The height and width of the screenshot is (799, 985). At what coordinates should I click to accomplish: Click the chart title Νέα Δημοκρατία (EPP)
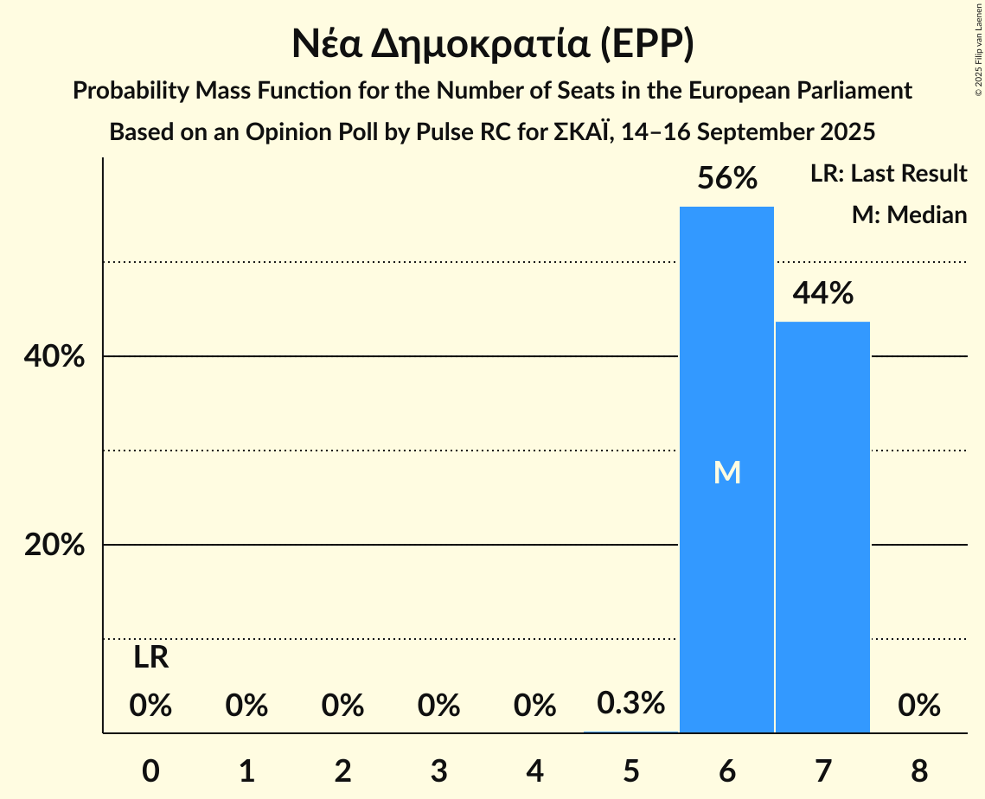[x=492, y=44]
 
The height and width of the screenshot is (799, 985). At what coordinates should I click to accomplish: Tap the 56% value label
[x=727, y=179]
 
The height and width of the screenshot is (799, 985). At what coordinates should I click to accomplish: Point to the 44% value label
[x=822, y=294]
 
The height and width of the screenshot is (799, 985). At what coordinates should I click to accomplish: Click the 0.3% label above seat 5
[x=631, y=703]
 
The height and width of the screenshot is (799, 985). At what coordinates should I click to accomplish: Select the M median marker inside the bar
[x=727, y=472]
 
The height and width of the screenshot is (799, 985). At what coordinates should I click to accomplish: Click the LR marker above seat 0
[x=150, y=659]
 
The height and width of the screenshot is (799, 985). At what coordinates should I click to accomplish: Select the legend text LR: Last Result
[x=888, y=174]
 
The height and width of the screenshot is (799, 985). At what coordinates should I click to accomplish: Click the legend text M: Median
[x=909, y=214]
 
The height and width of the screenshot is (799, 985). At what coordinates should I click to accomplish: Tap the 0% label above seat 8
[x=918, y=706]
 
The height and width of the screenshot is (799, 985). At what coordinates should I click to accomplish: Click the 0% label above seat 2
[x=342, y=706]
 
